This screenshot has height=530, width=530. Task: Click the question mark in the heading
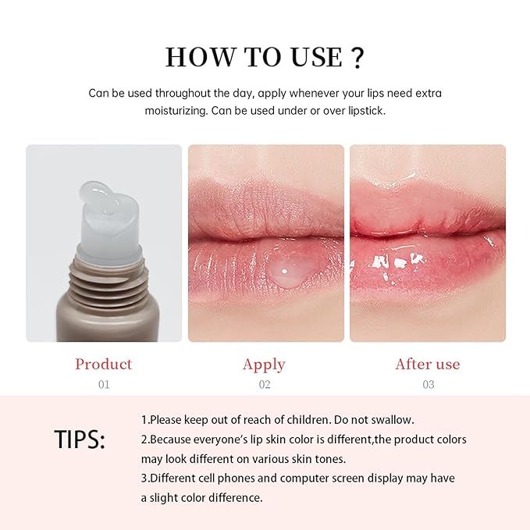(x=357, y=57)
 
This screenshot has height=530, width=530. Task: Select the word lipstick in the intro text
(x=361, y=110)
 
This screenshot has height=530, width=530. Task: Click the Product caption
(x=103, y=364)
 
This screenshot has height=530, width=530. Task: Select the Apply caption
(x=264, y=364)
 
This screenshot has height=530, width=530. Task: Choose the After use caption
(x=427, y=364)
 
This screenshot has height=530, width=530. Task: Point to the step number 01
(x=103, y=384)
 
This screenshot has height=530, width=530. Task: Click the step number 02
(x=264, y=384)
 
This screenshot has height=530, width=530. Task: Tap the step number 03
(x=427, y=384)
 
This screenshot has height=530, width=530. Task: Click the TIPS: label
(x=80, y=439)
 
